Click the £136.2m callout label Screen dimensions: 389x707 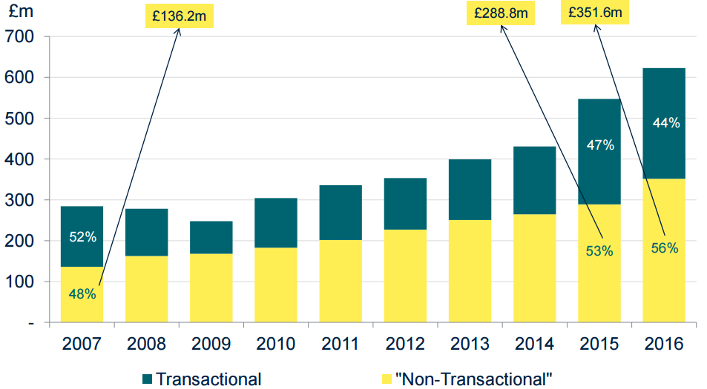coord(175,15)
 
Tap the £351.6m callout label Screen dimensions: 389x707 coord(594,13)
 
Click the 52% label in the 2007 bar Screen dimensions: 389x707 coord(82,237)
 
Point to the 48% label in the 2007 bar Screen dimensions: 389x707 coord(82,293)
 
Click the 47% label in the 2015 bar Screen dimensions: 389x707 coord(599,145)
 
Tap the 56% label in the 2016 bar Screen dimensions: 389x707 coord(663,248)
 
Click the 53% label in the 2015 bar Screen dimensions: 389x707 coord(599,251)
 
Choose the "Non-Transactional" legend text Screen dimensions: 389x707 coord(474,379)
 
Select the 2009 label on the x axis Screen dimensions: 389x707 coord(211,345)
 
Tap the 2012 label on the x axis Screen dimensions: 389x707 coord(404,345)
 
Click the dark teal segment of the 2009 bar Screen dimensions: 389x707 coord(211,237)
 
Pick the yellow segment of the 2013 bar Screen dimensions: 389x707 coord(470,270)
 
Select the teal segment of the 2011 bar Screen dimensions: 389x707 coord(340,212)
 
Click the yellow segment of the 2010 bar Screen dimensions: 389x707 coord(276,285)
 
